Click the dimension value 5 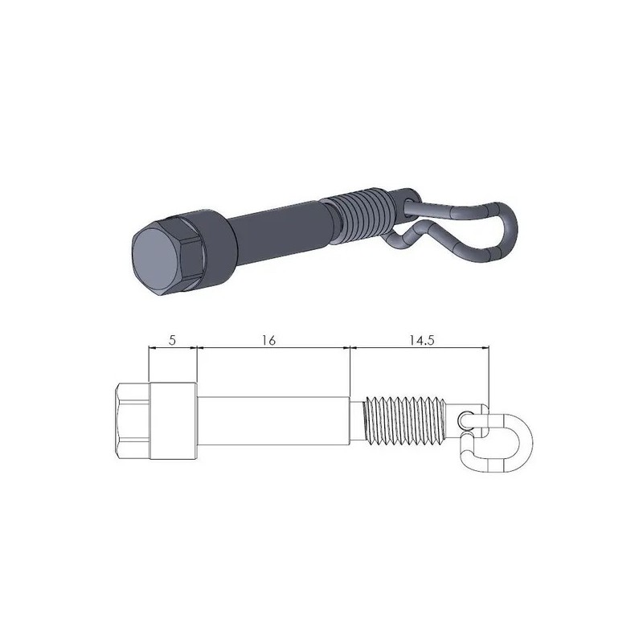173,340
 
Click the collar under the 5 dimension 173,421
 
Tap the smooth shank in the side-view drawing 273,421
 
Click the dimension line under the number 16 273,348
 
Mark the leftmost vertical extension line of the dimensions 149,366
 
